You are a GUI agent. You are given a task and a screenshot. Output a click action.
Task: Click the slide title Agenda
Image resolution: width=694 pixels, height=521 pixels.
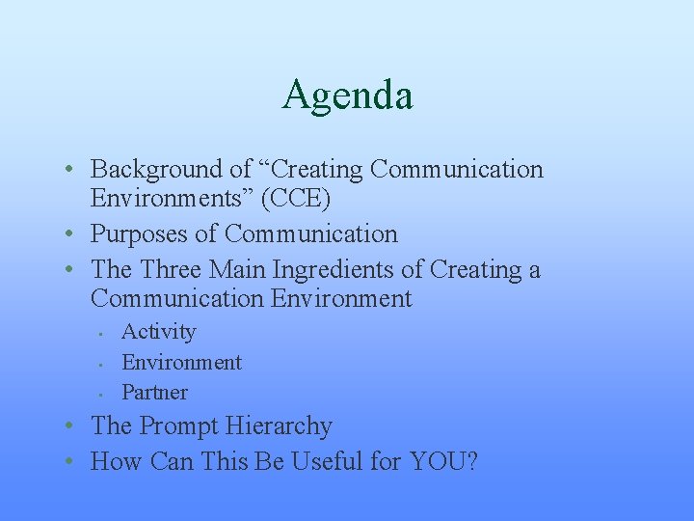(x=347, y=96)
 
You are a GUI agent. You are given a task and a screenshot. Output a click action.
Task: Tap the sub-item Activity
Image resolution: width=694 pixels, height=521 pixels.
(x=158, y=332)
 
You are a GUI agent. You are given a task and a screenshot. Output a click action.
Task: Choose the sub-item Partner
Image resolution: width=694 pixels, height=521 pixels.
(x=154, y=393)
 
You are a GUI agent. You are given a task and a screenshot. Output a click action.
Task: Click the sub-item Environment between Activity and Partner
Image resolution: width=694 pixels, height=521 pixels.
(x=181, y=363)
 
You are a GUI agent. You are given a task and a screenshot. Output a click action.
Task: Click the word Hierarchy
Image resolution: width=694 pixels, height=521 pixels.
(x=284, y=426)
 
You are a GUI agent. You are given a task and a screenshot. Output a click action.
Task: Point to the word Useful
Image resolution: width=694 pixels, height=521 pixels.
(x=323, y=462)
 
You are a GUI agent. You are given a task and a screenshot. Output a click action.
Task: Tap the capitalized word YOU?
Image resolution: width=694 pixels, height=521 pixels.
(x=443, y=462)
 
